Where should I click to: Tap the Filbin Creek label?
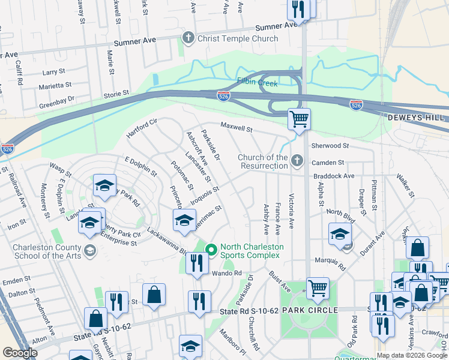[x=257, y=83]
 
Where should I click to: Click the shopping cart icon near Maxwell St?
[x=299, y=119]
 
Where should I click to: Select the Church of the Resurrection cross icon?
[x=297, y=161]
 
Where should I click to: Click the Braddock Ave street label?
[x=334, y=176]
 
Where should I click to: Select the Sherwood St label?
[x=330, y=146]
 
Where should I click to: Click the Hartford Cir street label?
[x=141, y=129]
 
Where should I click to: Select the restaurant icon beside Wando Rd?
[x=196, y=263]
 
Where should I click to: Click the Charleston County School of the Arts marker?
[x=90, y=250]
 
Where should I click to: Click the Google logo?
[x=20, y=353]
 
